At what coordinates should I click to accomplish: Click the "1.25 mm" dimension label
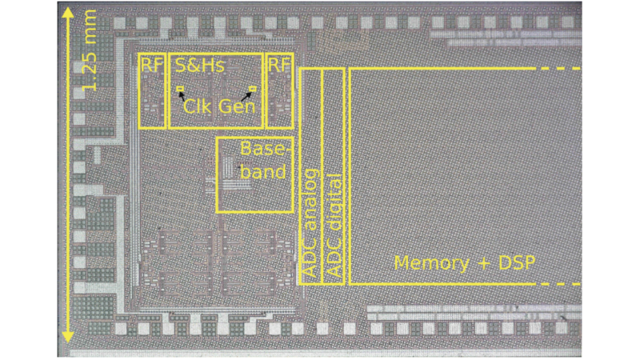tap(89, 50)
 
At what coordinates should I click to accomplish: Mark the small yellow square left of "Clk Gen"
tap(181, 88)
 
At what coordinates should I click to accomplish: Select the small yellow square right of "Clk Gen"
tap(253, 88)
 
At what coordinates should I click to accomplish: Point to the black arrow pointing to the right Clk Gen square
tap(247, 95)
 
